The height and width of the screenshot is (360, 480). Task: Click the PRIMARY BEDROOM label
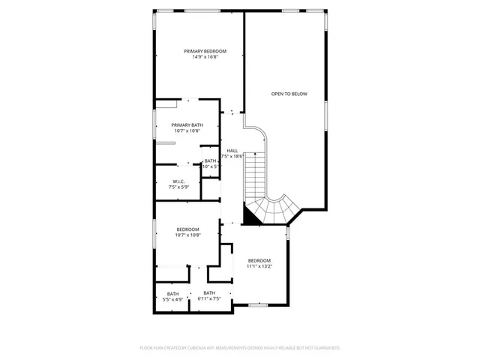tap(205, 51)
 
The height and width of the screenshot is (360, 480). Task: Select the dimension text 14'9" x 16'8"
tap(205, 57)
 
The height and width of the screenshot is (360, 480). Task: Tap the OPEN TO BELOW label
tap(289, 94)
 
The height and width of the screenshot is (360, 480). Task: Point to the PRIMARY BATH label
tap(187, 125)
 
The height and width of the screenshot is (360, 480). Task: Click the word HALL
tap(232, 150)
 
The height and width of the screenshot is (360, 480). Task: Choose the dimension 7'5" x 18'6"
tap(232, 156)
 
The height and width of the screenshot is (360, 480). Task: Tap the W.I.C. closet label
tap(178, 181)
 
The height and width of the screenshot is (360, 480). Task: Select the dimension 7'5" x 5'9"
tap(178, 187)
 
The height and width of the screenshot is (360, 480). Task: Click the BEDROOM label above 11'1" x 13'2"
tap(259, 259)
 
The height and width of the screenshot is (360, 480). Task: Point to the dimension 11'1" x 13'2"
tap(259, 265)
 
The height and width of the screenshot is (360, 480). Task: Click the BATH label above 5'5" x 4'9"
tap(173, 293)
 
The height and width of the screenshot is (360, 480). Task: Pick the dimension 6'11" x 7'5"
tap(209, 299)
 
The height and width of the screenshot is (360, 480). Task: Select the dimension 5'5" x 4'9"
tap(173, 299)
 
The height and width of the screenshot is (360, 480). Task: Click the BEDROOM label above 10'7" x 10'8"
tap(187, 229)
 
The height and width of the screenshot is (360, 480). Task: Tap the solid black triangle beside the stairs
tap(252, 218)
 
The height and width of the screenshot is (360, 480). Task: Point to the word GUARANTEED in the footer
tap(325, 348)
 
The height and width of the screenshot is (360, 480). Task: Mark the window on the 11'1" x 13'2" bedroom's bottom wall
tap(259, 305)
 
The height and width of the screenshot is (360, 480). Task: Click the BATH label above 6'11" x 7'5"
tap(209, 293)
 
